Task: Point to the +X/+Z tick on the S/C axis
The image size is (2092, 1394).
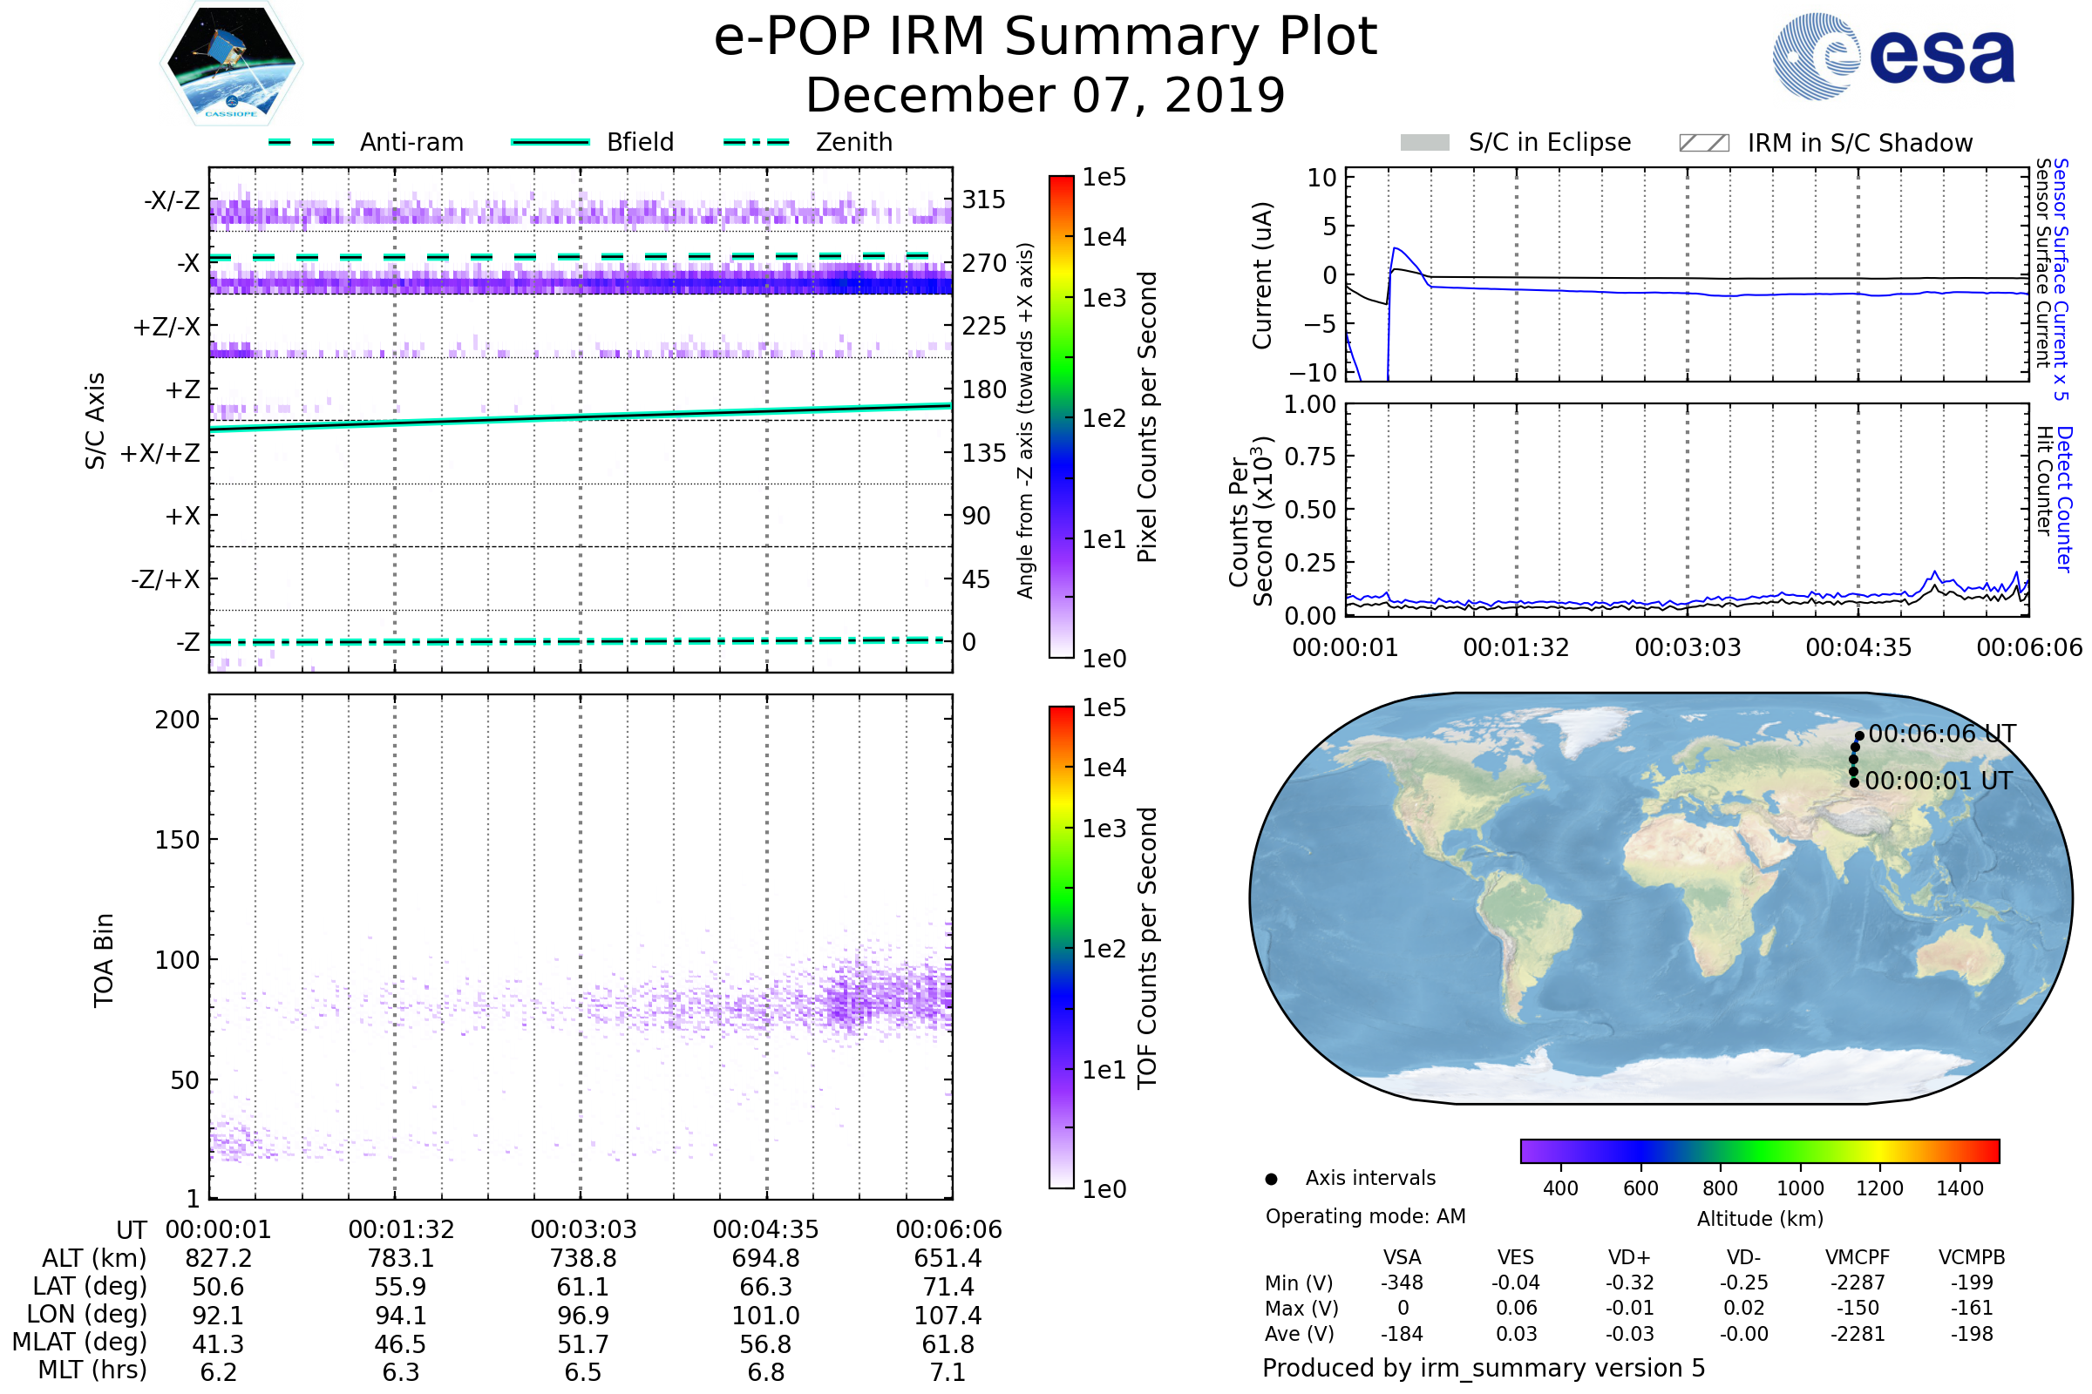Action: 160,453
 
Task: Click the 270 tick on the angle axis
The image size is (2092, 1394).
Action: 984,263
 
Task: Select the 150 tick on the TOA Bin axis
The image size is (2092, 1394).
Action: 177,840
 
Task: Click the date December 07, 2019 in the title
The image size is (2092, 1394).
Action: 1045,95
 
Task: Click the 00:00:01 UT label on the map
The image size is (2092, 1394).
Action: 1938,781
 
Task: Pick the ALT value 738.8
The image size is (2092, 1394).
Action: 583,1258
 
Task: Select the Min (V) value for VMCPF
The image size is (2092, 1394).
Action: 1858,1282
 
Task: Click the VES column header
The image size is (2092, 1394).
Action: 1516,1257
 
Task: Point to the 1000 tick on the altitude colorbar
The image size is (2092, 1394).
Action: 1800,1188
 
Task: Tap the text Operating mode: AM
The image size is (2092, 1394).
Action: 1365,1216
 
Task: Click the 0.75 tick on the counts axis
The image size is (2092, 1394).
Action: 1309,457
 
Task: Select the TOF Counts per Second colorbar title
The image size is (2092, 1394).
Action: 1147,948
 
